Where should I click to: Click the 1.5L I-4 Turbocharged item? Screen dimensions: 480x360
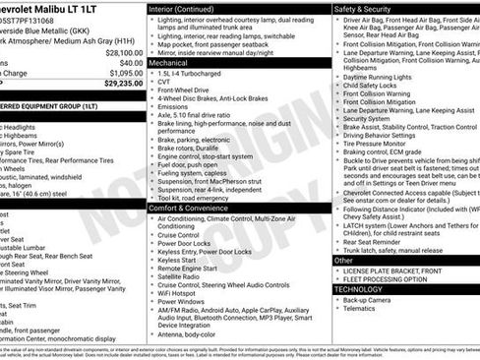(194, 73)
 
